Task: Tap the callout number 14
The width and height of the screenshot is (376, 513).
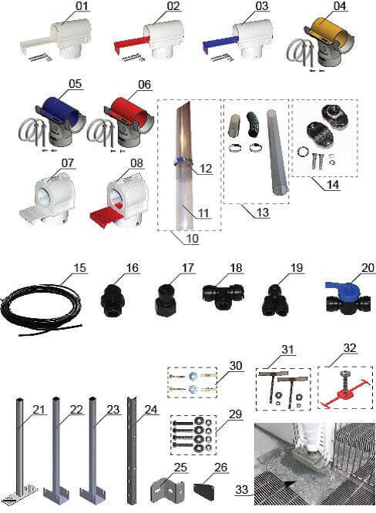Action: coord(333,185)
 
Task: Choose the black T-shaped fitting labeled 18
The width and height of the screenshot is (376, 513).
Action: coord(223,295)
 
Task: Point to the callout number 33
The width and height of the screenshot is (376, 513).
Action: coord(242,489)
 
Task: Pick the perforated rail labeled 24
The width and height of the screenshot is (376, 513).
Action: coord(132,450)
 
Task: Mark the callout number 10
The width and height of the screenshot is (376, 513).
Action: coord(193,238)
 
